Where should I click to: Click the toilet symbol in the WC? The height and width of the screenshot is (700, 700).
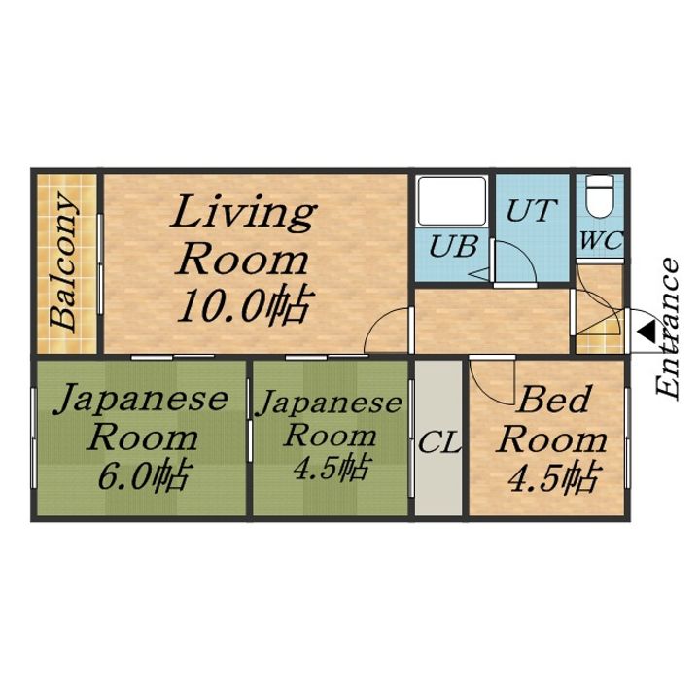[x=599, y=196]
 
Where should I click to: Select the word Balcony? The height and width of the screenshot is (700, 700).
[x=63, y=262]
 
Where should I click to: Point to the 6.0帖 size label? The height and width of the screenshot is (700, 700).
[x=143, y=476]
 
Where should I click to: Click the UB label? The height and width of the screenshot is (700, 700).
[x=453, y=246]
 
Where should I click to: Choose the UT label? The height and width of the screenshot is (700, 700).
[x=531, y=211]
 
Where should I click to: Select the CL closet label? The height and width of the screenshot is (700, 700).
[x=438, y=443]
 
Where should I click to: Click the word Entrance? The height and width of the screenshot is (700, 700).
[x=667, y=328]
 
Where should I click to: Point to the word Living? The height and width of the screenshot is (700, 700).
[x=244, y=213]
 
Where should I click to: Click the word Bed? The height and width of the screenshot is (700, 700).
[x=553, y=400]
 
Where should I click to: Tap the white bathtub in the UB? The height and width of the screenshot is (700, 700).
[x=451, y=201]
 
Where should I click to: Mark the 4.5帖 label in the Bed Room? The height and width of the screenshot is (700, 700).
[x=552, y=477]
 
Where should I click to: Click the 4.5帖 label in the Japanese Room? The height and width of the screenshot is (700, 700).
[x=331, y=468]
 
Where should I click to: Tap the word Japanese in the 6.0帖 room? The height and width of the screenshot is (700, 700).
[x=141, y=400]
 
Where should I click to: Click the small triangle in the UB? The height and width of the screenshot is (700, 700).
[x=481, y=274]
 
